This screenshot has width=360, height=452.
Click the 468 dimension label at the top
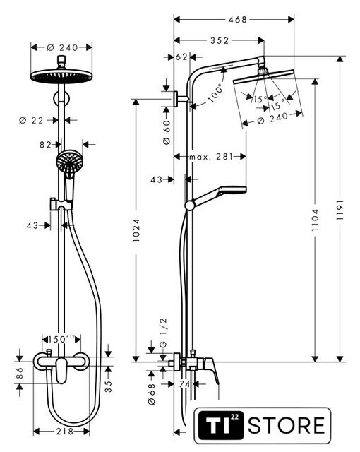coord(237,20)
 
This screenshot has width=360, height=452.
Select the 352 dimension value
coord(220,40)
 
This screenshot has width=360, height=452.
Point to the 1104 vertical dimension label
coord(316,220)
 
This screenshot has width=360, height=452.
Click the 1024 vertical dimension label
coord(136,230)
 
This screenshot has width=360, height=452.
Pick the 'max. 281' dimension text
coord(210,157)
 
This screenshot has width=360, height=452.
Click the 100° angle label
coord(216,93)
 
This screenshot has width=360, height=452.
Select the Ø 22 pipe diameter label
coord(31,120)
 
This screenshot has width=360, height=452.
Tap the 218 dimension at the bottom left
coord(65,432)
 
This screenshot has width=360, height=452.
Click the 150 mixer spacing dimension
coord(61,339)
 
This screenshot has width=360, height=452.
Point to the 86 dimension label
coord(20,373)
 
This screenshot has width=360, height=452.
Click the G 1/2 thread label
coord(163,333)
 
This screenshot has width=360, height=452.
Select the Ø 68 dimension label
coord(152,394)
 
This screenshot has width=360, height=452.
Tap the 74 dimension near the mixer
coord(184,384)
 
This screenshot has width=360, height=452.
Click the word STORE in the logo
coord(287,425)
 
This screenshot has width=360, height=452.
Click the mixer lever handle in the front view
coord(61,370)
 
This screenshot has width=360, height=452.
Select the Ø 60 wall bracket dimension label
coord(167,132)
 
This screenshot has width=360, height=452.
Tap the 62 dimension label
coord(181,57)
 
